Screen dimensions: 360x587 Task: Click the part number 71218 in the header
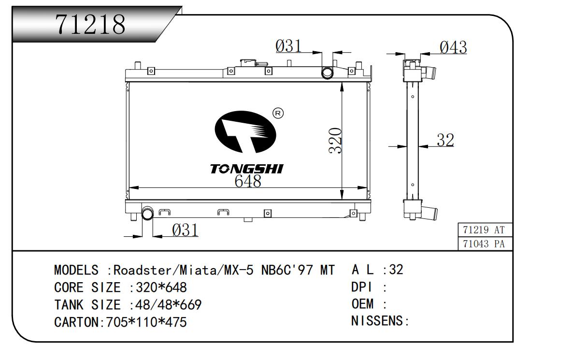[91, 24]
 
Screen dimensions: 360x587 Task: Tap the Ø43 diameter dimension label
[453, 47]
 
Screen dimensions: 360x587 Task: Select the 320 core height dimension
[335, 141]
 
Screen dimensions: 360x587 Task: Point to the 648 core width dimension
[248, 181]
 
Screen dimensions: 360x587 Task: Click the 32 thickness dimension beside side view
[445, 140]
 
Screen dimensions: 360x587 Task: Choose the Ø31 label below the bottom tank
[185, 230]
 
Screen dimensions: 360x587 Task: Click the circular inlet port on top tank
[328, 73]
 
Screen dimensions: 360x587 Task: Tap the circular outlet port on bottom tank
[147, 213]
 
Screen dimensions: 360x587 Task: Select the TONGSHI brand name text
[246, 169]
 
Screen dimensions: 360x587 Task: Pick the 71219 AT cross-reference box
[484, 230]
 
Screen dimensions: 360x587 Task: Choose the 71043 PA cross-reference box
[484, 244]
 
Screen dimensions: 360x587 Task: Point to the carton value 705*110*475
[143, 322]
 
